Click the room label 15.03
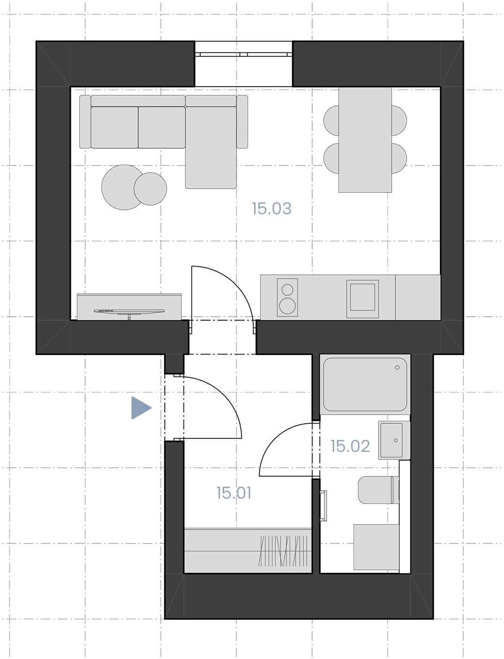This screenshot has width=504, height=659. pos(271,209)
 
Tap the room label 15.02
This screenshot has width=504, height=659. pos(350,446)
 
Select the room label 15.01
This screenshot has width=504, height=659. pos(234,493)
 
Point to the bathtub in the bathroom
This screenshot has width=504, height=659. pos(365,384)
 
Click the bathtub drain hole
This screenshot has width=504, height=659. pos(397,368)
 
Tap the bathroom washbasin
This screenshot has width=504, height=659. pos(394,440)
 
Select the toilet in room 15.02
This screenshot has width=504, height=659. pos(379,490)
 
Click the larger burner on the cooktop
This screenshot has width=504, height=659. pos(287,306)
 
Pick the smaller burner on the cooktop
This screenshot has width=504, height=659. pos(287,290)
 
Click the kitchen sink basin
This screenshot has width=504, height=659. pos(363,297)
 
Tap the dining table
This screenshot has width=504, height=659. pos(365,139)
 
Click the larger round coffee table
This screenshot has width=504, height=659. pos(120,188)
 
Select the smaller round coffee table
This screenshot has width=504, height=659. pos(150,189)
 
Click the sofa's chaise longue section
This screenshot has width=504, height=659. pos(211,147)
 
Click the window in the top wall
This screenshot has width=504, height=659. pos(244,54)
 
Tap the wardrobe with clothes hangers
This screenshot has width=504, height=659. pos(248,551)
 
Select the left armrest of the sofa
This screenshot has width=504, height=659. pos(85,122)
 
